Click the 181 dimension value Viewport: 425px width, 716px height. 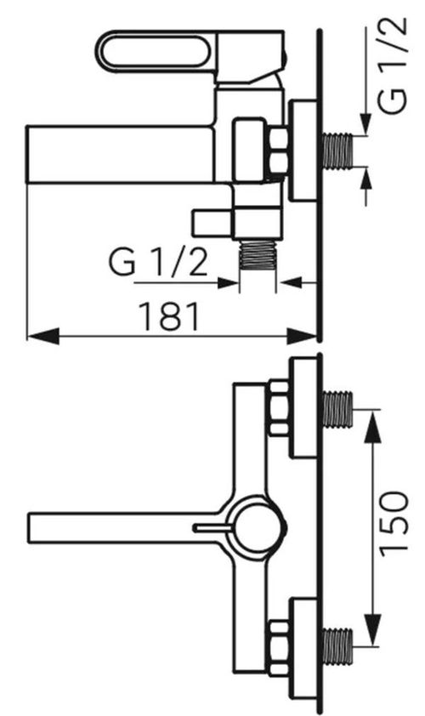click(169, 316)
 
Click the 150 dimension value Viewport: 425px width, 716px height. click(394, 521)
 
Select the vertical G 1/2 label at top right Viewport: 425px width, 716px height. click(392, 65)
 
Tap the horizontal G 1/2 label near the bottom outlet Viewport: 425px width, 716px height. click(157, 263)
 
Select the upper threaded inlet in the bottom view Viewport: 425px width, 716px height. click(337, 410)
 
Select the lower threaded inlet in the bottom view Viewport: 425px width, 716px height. click(337, 645)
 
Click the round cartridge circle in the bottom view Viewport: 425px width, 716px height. click(257, 528)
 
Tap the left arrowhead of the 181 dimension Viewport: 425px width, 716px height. click(43, 336)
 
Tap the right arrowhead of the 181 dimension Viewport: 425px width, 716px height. click(301, 336)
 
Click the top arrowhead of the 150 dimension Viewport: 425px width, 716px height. click(372, 425)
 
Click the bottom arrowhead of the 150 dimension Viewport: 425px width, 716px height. click(372, 630)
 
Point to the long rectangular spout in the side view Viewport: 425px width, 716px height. click(121, 155)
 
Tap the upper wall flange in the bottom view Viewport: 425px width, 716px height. click(304, 408)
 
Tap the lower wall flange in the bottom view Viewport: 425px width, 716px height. click(304, 647)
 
